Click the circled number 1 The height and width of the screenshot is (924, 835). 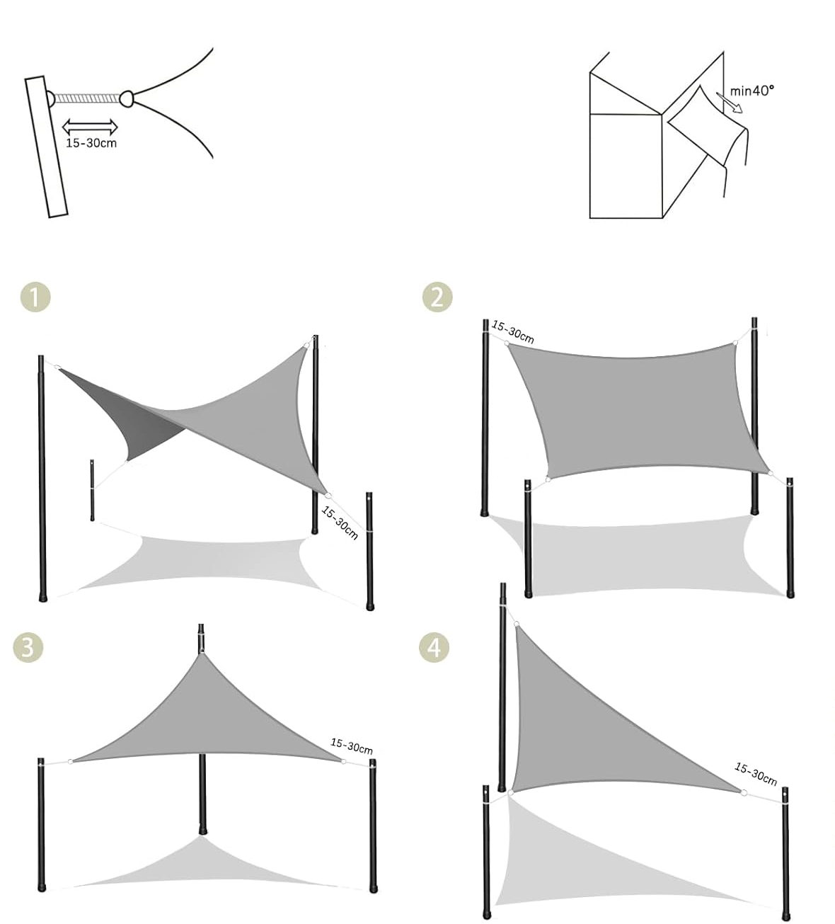pyautogui.click(x=35, y=297)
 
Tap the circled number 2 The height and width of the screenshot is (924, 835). pyautogui.click(x=437, y=297)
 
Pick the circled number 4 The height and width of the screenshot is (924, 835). pyautogui.click(x=434, y=648)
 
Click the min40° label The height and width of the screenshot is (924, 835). pyautogui.click(x=752, y=91)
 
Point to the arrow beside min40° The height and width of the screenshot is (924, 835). pyautogui.click(x=730, y=102)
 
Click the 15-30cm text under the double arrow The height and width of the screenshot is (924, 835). pyautogui.click(x=91, y=143)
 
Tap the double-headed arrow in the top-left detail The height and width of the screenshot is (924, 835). pyautogui.click(x=90, y=127)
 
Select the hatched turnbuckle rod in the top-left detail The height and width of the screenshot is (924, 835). pyautogui.click(x=87, y=98)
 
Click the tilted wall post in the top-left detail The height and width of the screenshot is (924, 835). pyautogui.click(x=46, y=147)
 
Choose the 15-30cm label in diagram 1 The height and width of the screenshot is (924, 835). pyautogui.click(x=340, y=523)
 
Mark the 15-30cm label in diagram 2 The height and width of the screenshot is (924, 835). pyautogui.click(x=512, y=332)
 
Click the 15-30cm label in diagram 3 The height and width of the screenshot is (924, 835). pyautogui.click(x=352, y=746)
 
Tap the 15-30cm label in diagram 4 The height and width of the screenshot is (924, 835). pyautogui.click(x=756, y=775)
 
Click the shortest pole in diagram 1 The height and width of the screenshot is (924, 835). pyautogui.click(x=92, y=489)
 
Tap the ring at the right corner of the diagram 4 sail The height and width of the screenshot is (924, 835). pyautogui.click(x=744, y=792)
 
